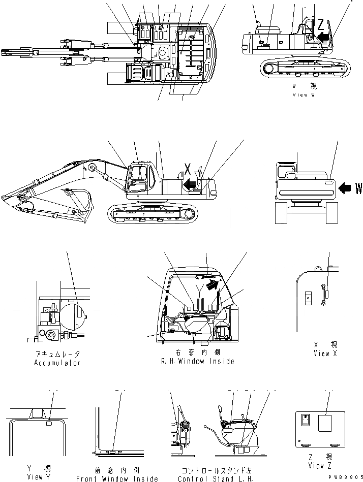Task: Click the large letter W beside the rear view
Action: [358, 189]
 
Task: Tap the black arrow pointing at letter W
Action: [345, 189]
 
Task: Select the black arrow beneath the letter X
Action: [190, 184]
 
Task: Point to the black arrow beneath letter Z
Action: [323, 37]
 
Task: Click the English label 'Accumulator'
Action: [57, 363]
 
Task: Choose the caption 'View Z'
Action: [321, 466]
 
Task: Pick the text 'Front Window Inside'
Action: [117, 478]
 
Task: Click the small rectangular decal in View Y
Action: [49, 423]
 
